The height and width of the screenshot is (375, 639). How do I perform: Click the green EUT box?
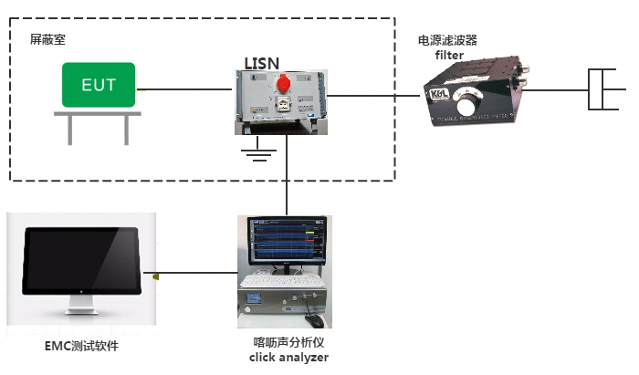[x=99, y=85]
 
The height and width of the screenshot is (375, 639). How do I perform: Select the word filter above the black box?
[x=449, y=55]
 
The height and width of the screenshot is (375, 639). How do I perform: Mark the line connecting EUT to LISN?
[x=183, y=89]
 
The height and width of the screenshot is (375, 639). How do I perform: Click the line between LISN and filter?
[x=374, y=94]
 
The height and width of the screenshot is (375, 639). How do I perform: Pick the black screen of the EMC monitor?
[x=80, y=259]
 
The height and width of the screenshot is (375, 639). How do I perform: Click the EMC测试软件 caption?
[x=81, y=346]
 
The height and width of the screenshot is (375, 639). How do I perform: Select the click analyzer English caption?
[x=288, y=357]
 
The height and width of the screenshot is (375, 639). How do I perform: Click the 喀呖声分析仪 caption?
[x=288, y=342]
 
